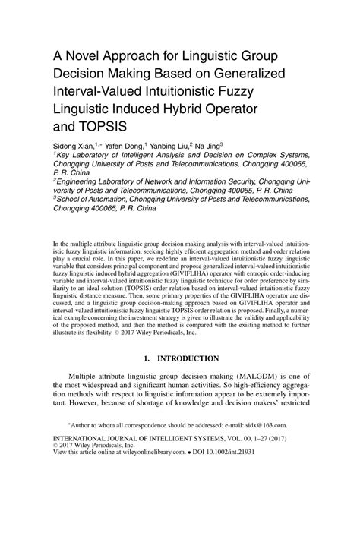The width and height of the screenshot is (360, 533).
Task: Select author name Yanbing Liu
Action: (172, 144)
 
